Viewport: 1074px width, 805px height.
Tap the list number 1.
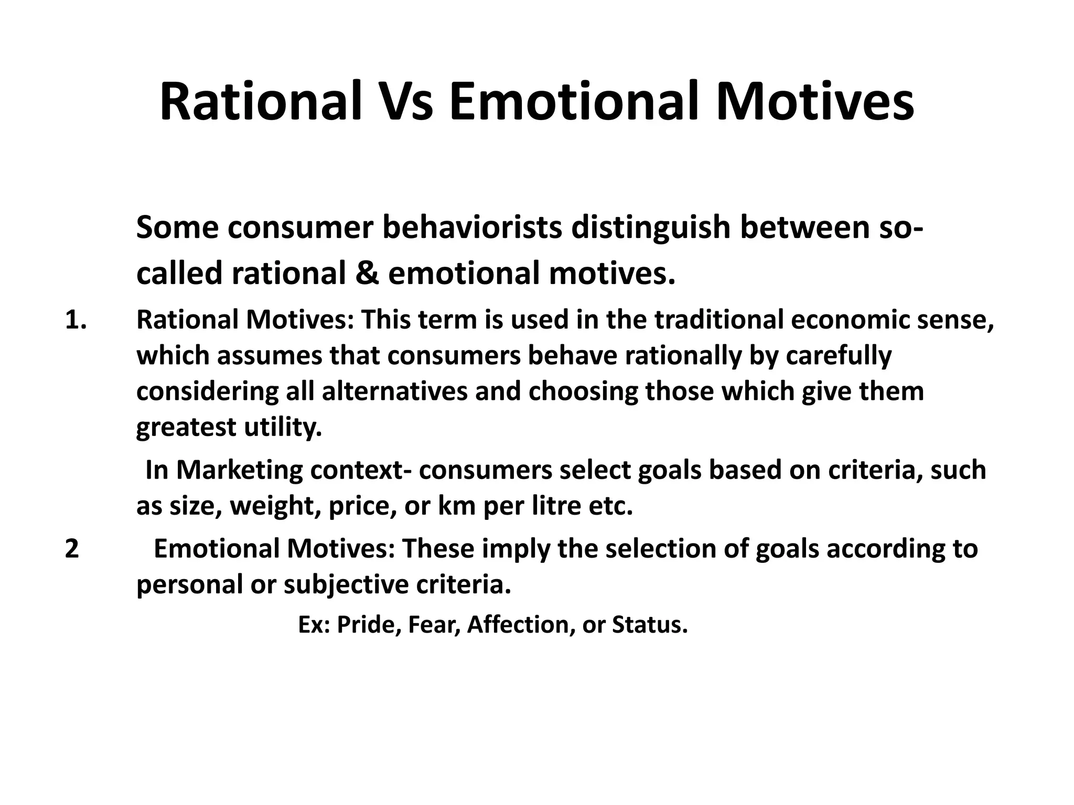tap(76, 320)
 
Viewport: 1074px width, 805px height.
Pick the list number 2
tap(72, 549)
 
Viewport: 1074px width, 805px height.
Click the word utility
tap(283, 428)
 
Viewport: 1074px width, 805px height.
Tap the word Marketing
tap(239, 470)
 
